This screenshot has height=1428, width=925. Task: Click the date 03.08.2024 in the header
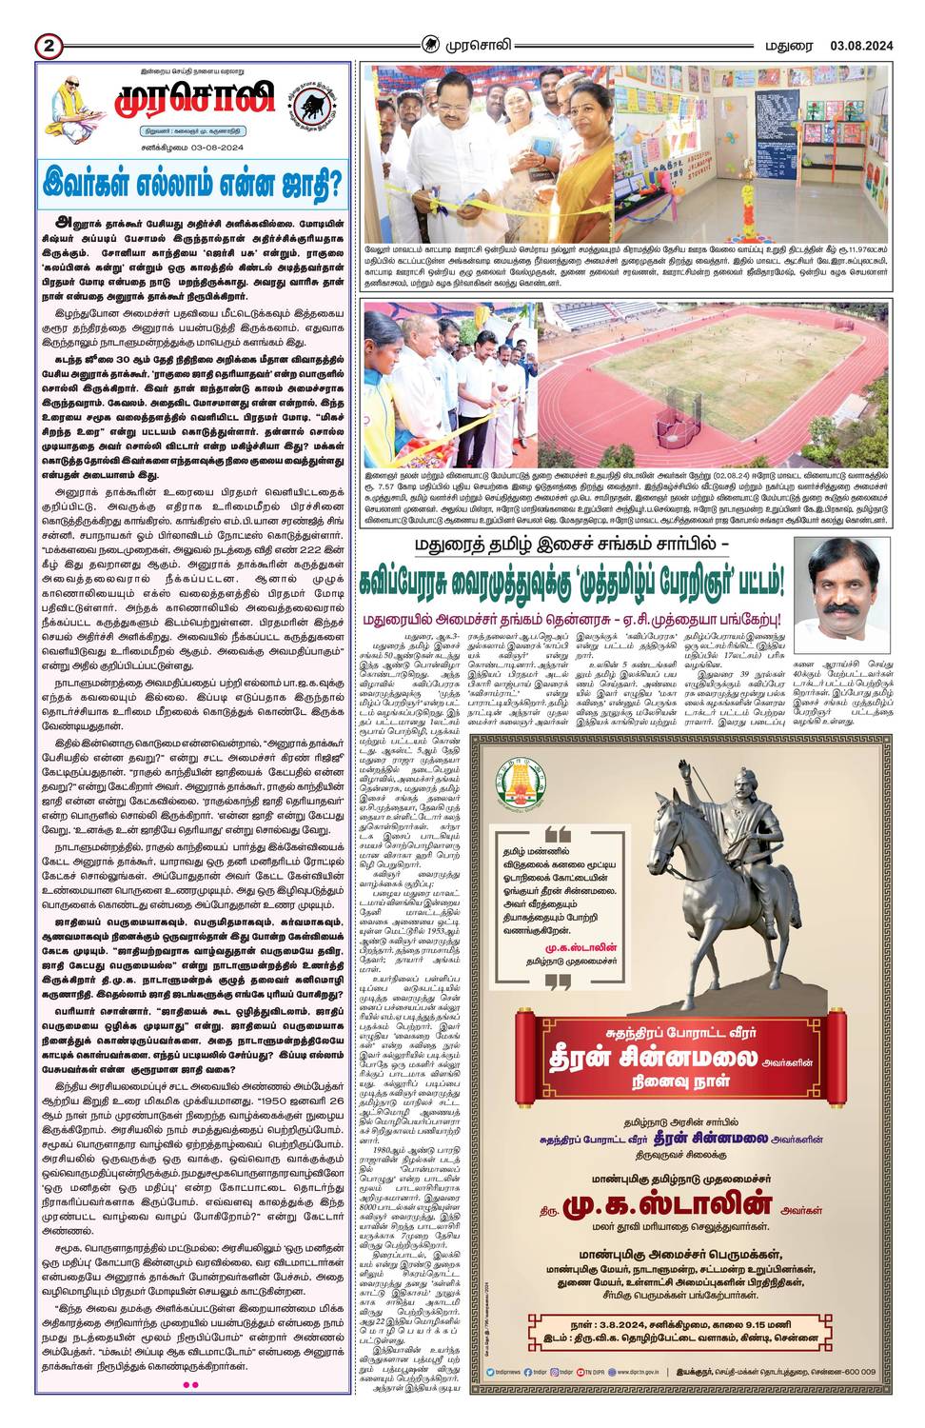[860, 45]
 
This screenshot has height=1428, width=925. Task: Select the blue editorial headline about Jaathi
[193, 184]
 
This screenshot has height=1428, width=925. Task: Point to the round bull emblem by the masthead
[312, 105]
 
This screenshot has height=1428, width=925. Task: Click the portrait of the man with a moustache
[842, 591]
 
